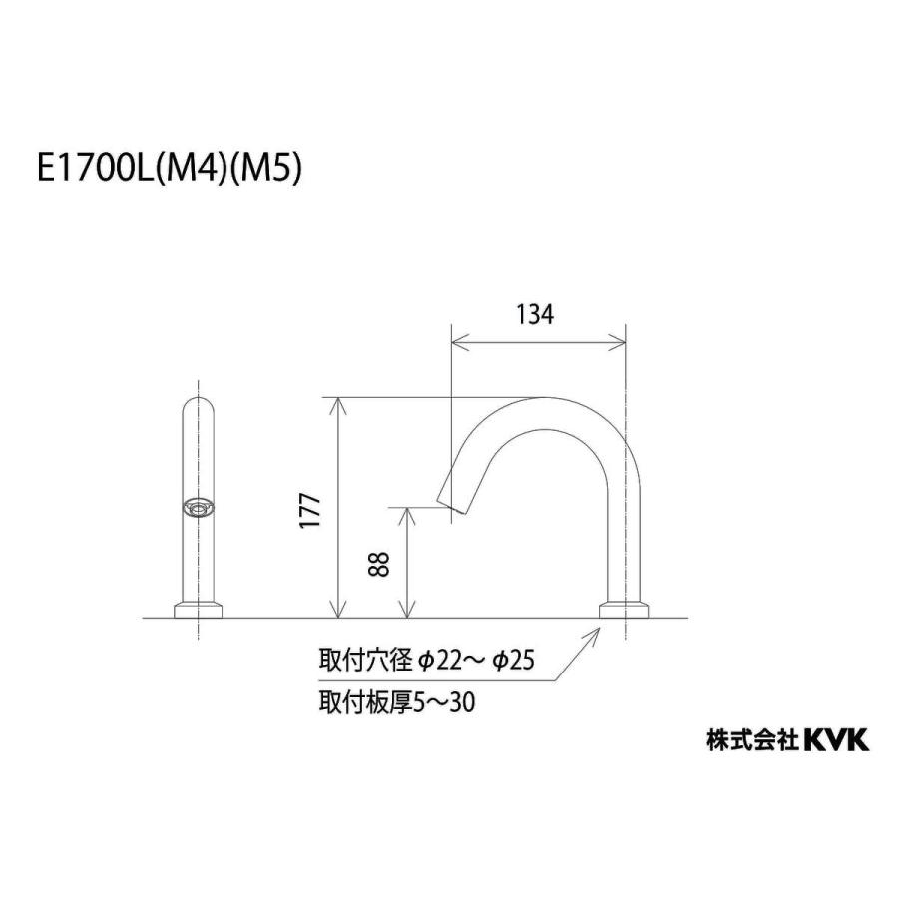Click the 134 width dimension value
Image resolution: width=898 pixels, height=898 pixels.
[x=535, y=315]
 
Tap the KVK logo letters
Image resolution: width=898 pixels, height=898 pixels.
[x=836, y=739]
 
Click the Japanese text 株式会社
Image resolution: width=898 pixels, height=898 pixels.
[x=752, y=740]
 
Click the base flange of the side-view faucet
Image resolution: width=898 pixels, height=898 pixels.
[x=625, y=609]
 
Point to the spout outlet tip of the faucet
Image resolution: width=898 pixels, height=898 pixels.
[x=451, y=505]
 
